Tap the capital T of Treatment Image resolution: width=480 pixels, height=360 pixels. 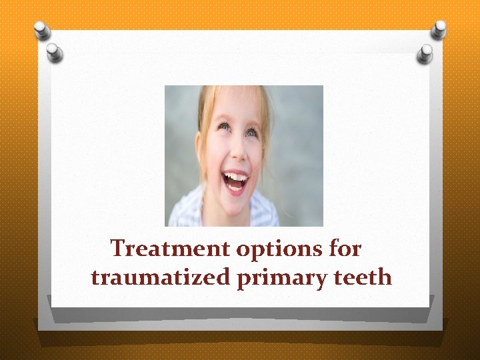pos(118,249)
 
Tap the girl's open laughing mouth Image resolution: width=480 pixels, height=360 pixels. pos(235,181)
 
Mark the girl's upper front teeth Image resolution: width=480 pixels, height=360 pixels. pos(235,176)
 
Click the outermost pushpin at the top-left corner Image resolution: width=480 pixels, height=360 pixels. pos(42,29)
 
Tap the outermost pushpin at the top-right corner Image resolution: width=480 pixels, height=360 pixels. pos(439,28)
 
